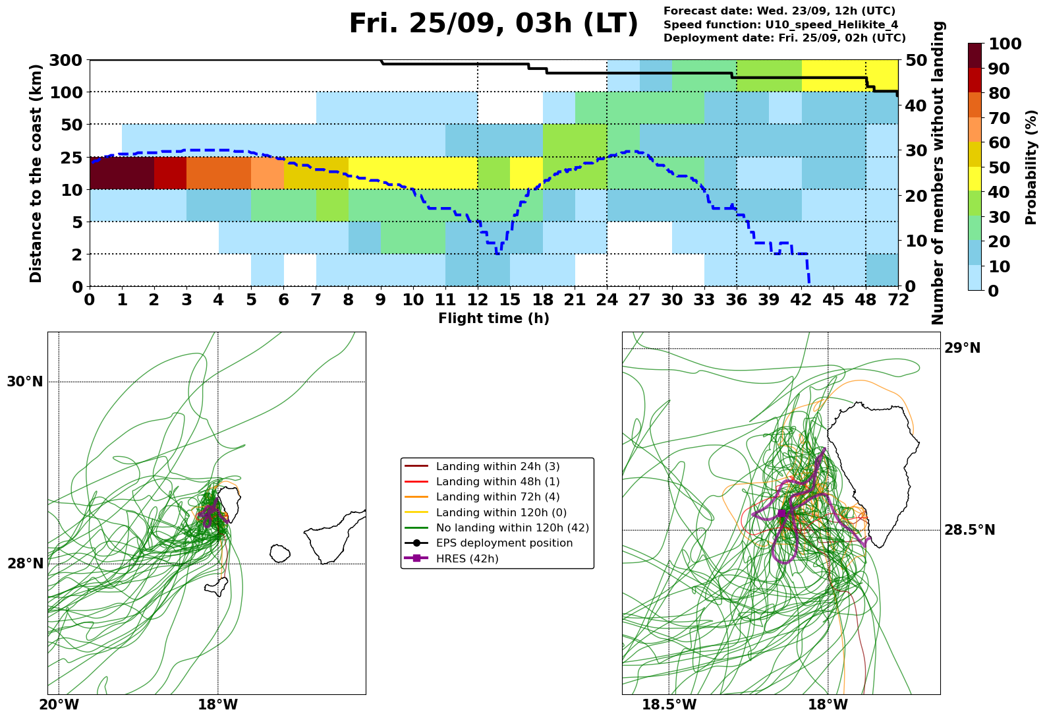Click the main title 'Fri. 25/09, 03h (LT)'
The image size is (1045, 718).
(x=494, y=23)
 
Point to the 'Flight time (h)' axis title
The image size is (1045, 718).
(x=494, y=318)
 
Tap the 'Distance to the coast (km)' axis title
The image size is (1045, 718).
(x=36, y=173)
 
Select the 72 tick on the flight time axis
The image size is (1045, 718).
(x=898, y=299)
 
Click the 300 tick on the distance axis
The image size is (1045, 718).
(x=66, y=60)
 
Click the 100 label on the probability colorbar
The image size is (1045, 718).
(x=1005, y=44)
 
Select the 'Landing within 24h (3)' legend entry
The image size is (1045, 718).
(x=497, y=466)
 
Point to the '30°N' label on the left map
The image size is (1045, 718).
(x=25, y=382)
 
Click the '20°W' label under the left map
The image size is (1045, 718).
(x=59, y=704)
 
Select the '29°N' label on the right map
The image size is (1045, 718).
(x=963, y=348)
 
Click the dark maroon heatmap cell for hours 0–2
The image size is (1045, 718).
(x=122, y=173)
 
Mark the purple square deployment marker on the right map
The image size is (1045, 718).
(x=782, y=514)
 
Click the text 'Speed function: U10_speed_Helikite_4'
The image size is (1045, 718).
(x=781, y=25)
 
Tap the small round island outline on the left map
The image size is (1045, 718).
(x=280, y=553)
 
